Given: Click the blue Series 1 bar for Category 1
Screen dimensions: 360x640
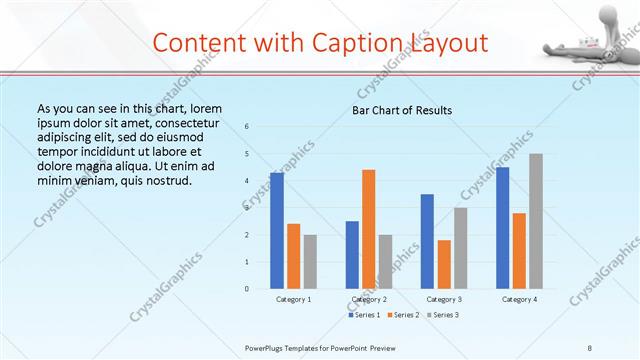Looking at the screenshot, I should tap(277, 231).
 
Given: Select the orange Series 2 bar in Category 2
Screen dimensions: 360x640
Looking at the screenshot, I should tap(368, 229).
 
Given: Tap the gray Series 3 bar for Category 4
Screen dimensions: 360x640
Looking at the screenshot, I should tap(536, 221).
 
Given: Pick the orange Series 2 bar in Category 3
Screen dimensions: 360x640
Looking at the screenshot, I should tap(444, 264).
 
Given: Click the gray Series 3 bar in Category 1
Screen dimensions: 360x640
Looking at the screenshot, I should tap(310, 261).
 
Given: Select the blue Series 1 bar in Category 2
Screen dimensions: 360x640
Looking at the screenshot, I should tap(352, 255).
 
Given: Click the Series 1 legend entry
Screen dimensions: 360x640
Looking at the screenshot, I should tap(364, 315).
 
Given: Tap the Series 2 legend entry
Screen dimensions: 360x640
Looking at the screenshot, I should tap(402, 315).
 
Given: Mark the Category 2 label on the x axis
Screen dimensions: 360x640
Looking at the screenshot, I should tap(369, 299).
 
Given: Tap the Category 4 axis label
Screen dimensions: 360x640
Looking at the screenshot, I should tap(519, 299).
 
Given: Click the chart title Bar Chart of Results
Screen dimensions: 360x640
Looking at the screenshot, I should tap(402, 110).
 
